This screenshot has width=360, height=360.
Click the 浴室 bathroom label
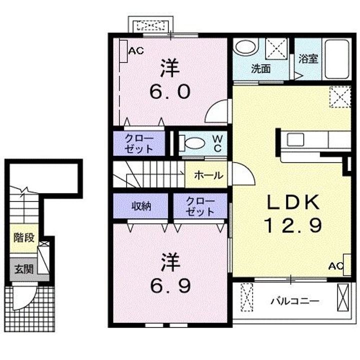click(308, 59)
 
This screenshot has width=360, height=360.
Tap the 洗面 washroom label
click(261, 69)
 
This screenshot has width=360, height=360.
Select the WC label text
click(217, 143)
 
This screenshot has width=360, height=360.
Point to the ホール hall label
click(208, 175)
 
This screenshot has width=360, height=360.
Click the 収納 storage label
click(141, 206)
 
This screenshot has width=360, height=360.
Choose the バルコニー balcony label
click(295, 301)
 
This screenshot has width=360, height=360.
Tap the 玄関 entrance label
click(24, 269)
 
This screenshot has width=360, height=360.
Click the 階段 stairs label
click(24, 237)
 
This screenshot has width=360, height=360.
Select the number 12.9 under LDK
click(293, 225)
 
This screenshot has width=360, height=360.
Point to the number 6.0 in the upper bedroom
click(170, 91)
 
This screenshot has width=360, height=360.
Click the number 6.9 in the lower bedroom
click(170, 286)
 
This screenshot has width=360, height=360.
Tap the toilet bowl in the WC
click(192, 143)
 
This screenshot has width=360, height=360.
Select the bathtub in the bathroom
click(337, 59)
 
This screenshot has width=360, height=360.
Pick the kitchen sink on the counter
click(295, 139)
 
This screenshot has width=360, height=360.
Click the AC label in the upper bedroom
click(136, 50)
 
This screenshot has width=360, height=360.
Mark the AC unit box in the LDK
click(347, 264)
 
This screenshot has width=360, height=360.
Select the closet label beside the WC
click(139, 143)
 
